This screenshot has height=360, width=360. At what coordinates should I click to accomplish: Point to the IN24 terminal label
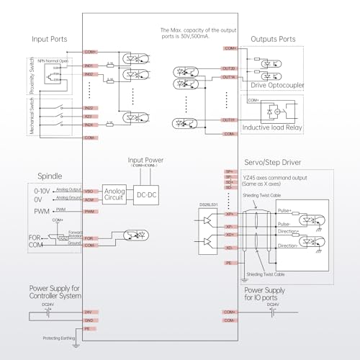click(x=90, y=125)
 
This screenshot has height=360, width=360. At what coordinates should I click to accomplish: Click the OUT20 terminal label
click(x=229, y=68)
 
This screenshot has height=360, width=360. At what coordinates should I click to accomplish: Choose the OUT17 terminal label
click(x=229, y=120)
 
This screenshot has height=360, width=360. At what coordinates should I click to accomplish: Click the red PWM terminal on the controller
click(x=90, y=211)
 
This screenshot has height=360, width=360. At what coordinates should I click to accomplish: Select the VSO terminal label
click(x=90, y=191)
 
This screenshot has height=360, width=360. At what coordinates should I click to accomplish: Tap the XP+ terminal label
click(x=230, y=214)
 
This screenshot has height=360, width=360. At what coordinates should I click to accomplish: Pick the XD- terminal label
click(x=230, y=248)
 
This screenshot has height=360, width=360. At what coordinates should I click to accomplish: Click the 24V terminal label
click(x=90, y=312)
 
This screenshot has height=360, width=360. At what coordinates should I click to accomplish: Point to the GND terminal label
click(x=90, y=319)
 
